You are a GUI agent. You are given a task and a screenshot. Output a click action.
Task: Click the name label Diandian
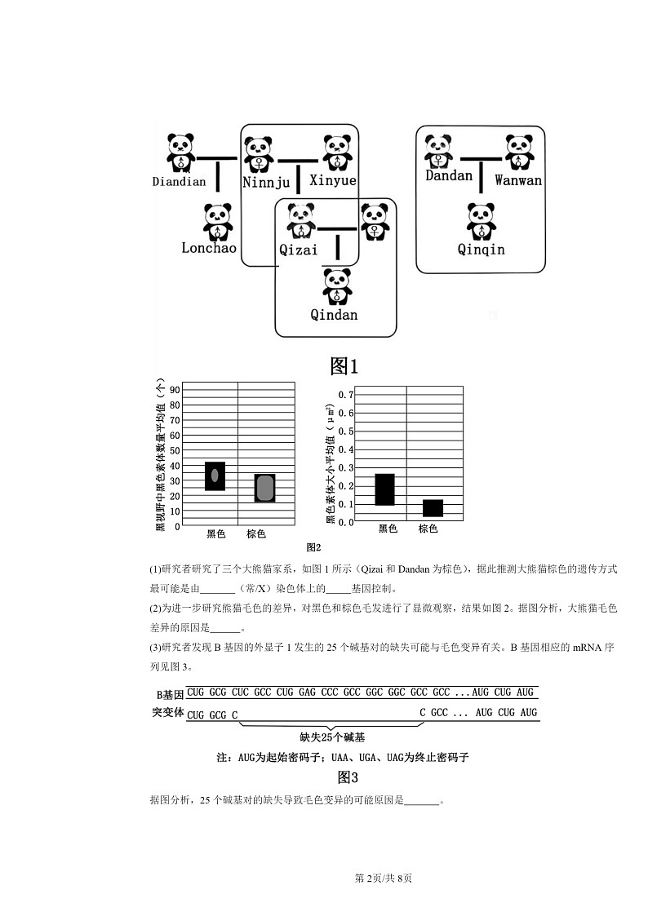[179, 182]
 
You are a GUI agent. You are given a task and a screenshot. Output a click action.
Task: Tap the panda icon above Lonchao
[218, 221]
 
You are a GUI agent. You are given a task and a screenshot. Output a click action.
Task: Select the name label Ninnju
[267, 182]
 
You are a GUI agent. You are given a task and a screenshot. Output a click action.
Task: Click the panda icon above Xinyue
[336, 153]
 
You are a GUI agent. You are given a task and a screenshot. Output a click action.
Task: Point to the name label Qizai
[299, 250]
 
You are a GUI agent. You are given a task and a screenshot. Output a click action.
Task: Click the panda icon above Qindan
[337, 287]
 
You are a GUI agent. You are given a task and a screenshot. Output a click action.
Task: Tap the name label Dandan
[449, 176]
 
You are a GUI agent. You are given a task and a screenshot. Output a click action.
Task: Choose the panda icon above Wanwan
[518, 153]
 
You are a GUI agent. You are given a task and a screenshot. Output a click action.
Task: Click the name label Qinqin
[481, 250]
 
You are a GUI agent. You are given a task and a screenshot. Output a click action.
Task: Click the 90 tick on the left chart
[174, 390]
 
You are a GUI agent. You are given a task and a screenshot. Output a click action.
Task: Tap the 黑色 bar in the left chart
[215, 476]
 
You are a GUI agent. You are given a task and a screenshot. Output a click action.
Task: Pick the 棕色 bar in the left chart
[264, 488]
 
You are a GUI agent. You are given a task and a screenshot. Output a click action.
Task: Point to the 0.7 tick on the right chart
[345, 395]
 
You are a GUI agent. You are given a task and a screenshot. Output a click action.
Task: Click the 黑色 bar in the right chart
[384, 489]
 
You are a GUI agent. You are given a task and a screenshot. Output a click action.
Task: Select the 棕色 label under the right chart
[428, 529]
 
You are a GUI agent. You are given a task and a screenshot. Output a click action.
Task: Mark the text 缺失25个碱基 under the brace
[332, 737]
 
